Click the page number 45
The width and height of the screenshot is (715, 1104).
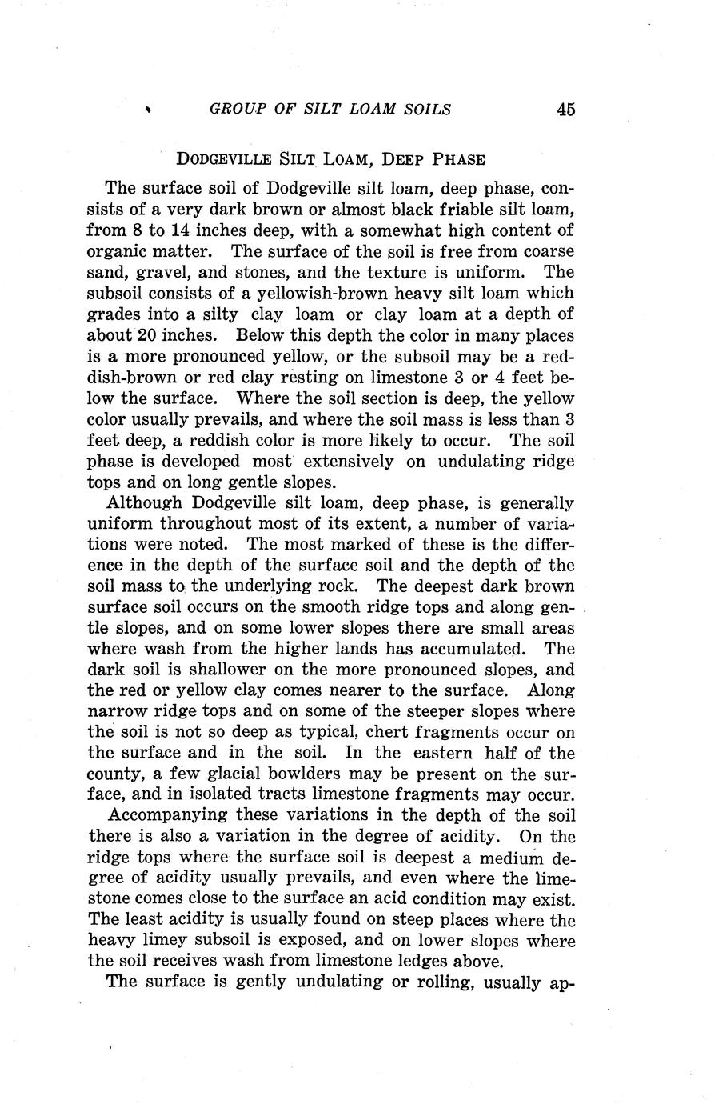point(565,110)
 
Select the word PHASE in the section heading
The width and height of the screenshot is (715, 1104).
point(458,159)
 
